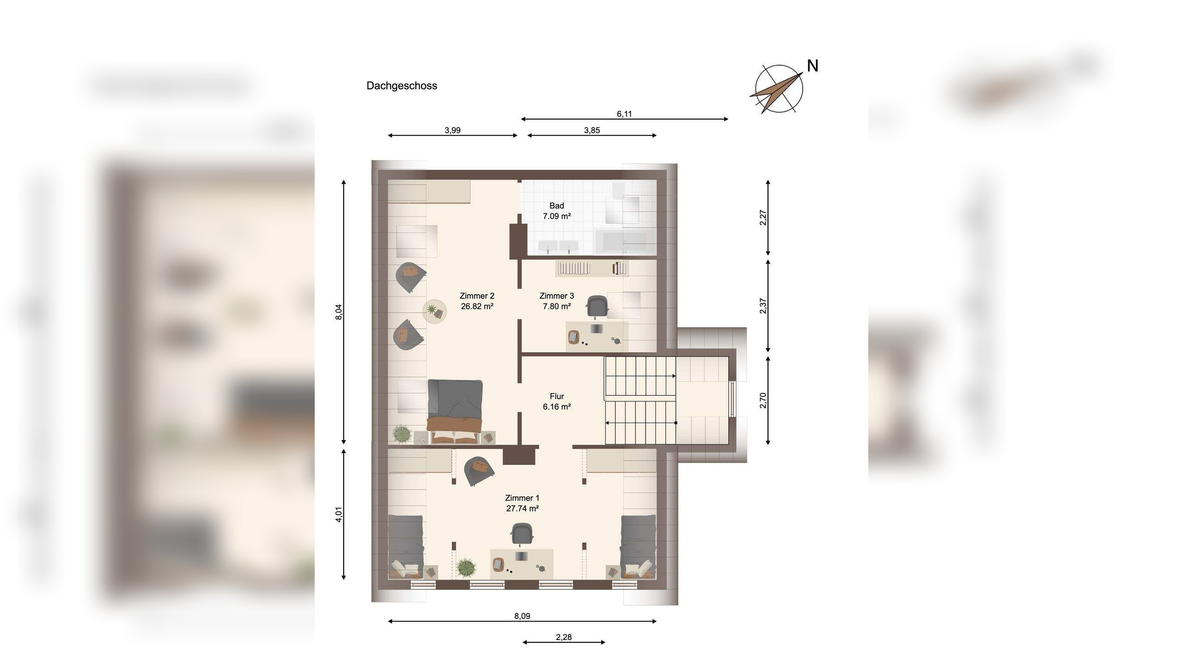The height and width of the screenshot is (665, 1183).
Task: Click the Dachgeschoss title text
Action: (x=402, y=85)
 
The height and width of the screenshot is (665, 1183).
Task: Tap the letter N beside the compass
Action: (x=812, y=66)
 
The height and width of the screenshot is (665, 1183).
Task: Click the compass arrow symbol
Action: (x=776, y=91)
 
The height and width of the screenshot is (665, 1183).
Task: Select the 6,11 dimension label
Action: (x=624, y=114)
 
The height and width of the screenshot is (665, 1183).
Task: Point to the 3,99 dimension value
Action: (x=452, y=130)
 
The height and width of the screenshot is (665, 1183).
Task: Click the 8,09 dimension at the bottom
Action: (x=522, y=616)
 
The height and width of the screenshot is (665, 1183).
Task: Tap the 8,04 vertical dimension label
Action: (x=339, y=312)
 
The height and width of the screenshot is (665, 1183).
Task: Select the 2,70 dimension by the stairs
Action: (x=763, y=400)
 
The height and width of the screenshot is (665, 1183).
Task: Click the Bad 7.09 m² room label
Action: (x=557, y=211)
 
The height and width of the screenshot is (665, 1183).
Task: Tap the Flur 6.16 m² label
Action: (x=557, y=401)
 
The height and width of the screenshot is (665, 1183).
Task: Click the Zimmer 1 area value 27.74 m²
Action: (x=523, y=508)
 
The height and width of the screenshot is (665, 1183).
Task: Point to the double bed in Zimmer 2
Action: (x=455, y=411)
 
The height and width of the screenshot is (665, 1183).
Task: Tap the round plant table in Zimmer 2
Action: (x=435, y=311)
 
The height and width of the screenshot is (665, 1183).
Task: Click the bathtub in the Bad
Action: (x=624, y=241)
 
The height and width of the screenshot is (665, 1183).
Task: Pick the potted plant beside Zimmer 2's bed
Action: (x=401, y=434)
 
